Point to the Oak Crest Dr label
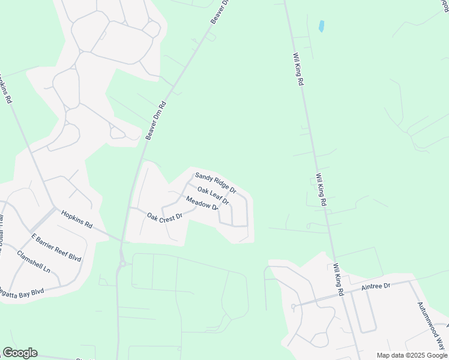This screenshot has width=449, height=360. coord(164,217)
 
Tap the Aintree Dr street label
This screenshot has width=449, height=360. coord(376,287)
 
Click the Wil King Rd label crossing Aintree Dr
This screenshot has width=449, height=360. coord(338,279)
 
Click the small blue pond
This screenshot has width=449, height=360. coord(321,26)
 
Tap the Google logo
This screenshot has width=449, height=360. coord(20,353)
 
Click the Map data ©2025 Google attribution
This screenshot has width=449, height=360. coord(411,355)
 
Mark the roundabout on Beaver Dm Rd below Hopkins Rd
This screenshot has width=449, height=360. coord(122,262)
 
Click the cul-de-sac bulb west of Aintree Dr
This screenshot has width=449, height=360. coord(292,307)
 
